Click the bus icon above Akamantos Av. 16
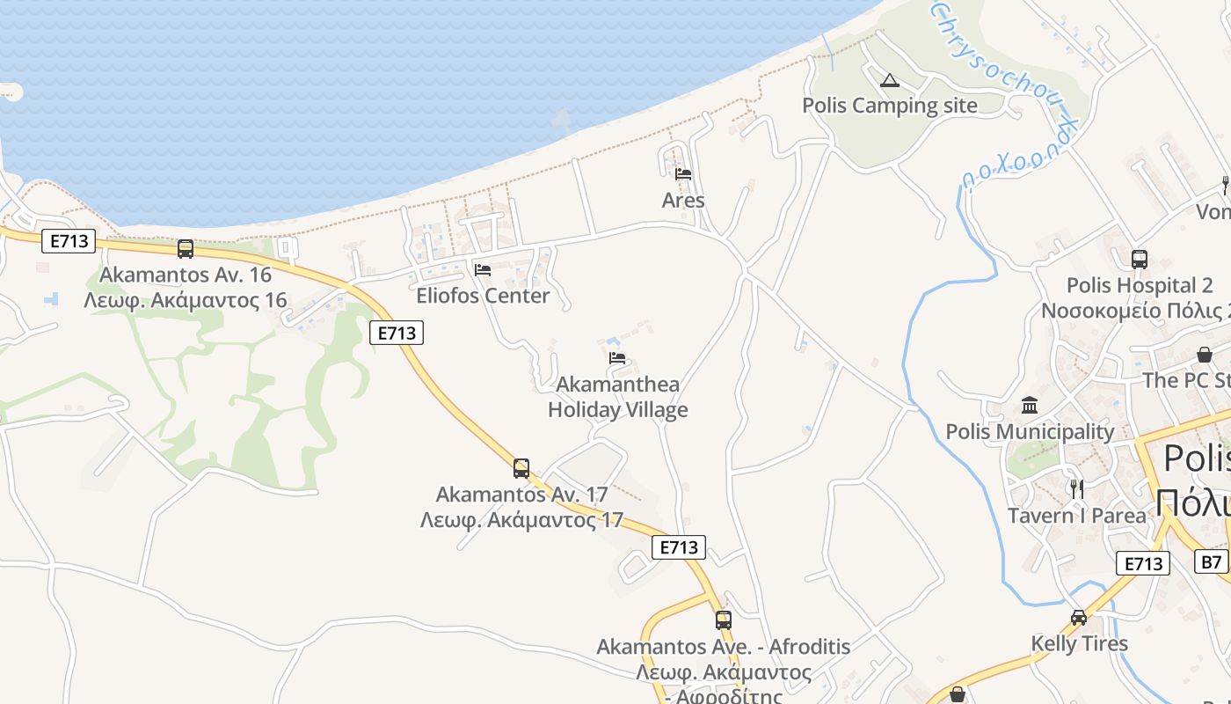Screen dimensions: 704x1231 point(185,249)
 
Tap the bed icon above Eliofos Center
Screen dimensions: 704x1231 point(482,269)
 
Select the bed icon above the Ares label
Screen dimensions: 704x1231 point(683,173)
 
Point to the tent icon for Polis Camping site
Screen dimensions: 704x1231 point(890,81)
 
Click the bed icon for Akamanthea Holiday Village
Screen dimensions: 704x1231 point(617,358)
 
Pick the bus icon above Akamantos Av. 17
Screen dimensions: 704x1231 point(521,468)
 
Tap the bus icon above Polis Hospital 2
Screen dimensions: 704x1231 point(1140,260)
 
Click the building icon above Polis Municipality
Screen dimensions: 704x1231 point(1030,406)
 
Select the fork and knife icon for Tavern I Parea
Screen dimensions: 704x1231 point(1076,488)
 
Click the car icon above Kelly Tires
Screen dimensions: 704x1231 point(1079,618)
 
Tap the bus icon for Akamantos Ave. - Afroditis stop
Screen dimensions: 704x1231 point(723,620)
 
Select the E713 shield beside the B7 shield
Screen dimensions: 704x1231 point(1143,563)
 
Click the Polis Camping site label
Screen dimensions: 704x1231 point(889,106)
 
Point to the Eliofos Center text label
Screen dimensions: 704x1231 point(483,296)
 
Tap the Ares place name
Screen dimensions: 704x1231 point(683,201)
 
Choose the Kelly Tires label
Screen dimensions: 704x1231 point(1079,643)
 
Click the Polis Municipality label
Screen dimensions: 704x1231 point(1030,431)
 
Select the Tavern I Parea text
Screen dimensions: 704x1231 point(1076,516)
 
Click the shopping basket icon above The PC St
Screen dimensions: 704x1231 point(1204,355)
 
